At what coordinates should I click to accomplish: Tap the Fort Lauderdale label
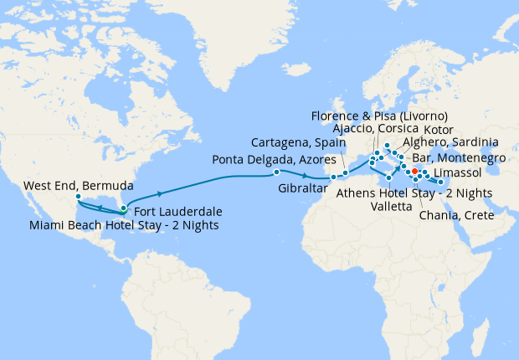click(x=177, y=211)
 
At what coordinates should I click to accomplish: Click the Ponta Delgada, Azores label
click(x=274, y=159)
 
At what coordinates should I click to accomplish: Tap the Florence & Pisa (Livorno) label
click(x=379, y=115)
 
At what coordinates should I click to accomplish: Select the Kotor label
click(x=439, y=130)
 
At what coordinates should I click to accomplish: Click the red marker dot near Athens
click(x=415, y=171)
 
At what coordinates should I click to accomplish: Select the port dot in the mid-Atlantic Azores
click(x=276, y=172)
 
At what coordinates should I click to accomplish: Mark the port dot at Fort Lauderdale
click(x=124, y=208)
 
